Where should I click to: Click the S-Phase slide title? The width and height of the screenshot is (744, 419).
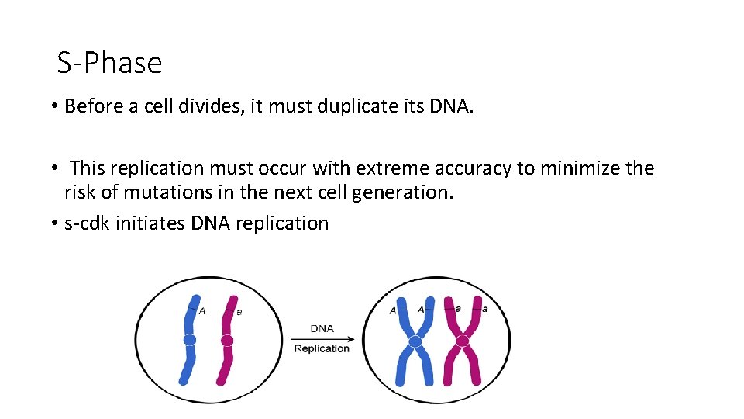click(109, 63)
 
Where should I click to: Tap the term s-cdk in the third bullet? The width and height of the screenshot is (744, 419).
click(87, 223)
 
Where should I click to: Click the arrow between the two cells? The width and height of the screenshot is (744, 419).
click(322, 338)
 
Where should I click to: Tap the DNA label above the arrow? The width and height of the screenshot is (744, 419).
click(322, 329)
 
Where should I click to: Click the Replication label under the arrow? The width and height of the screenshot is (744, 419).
click(322, 349)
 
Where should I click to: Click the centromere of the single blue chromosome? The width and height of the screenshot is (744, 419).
click(190, 340)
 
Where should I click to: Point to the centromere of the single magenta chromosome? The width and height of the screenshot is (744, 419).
click(227, 341)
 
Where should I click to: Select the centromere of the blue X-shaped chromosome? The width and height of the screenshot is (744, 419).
click(415, 341)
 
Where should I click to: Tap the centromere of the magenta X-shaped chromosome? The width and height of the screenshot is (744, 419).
click(462, 341)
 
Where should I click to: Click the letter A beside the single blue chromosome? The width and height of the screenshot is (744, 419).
click(203, 311)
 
